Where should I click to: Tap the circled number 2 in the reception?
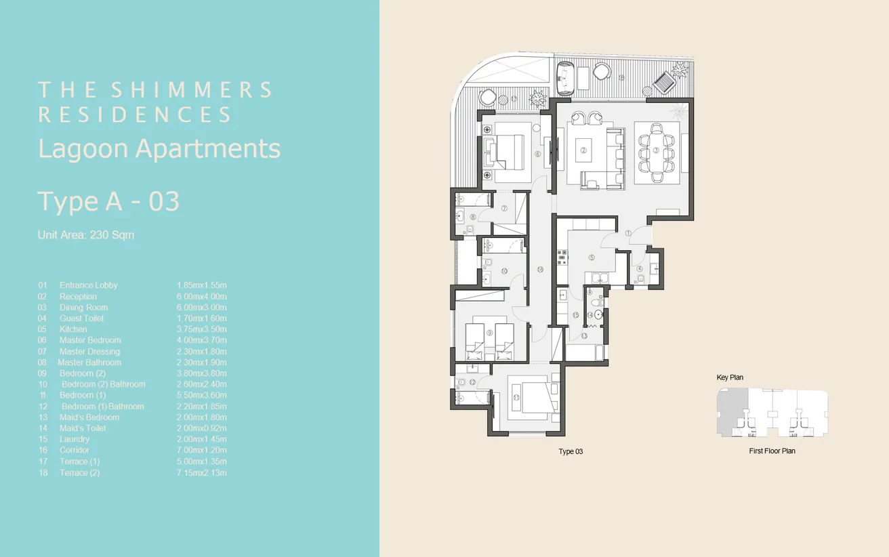pos(583,150)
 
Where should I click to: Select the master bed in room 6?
pos(505,150)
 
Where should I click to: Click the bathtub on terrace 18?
pos(564,78)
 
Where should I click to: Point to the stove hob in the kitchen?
pos(561,257)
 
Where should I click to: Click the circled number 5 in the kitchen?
pos(592,257)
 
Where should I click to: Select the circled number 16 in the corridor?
pos(539,270)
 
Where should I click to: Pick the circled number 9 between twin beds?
pos(489,333)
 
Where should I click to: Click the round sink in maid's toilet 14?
pos(591,315)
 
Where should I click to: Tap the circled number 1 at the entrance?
pos(628,233)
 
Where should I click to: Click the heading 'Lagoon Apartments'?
pos(159,148)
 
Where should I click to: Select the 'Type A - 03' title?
pos(108,201)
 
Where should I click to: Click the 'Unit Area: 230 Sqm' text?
pos(86,235)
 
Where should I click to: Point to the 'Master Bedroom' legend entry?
pos(90,340)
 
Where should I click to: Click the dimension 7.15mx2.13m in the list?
pos(201,472)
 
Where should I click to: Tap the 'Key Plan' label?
pos(730,377)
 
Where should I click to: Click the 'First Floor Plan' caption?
pos(772,451)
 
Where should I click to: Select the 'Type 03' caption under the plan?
pos(571,451)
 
